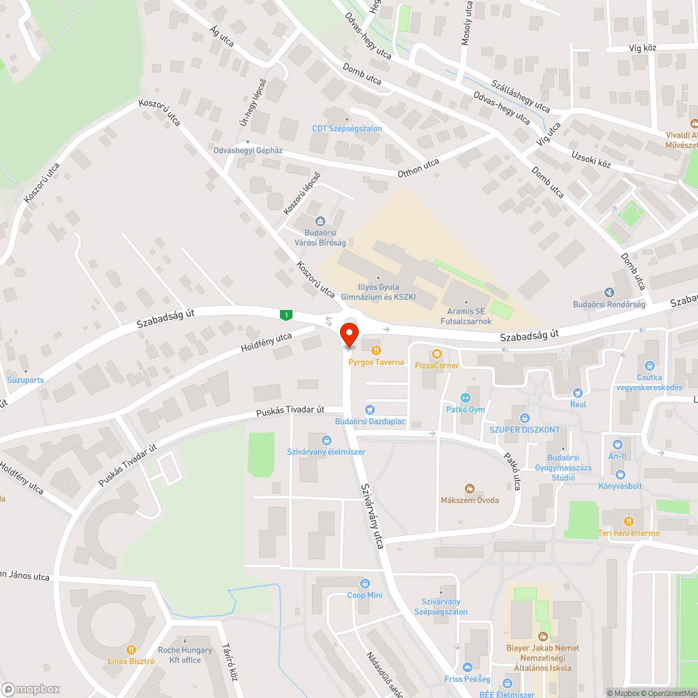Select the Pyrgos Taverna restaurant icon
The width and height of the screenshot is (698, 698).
tap(377, 350)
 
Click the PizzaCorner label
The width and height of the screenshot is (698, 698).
tap(437, 365)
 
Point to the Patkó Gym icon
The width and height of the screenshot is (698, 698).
tap(466, 397)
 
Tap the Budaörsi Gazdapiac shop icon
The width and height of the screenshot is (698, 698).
tap(369, 410)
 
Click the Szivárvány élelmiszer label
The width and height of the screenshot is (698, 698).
tap(326, 452)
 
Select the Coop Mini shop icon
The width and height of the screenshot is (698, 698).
tap(364, 583)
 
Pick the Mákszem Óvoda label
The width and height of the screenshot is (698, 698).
tap(470, 500)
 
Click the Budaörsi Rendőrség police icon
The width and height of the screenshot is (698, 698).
tap(609, 292)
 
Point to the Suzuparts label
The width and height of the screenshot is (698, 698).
tap(25, 380)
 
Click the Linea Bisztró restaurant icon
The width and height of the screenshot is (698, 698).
tap(131, 648)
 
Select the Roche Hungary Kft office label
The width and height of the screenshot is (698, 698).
tap(185, 655)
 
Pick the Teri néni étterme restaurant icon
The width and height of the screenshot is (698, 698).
tap(628, 521)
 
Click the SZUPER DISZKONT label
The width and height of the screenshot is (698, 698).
tap(524, 429)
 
